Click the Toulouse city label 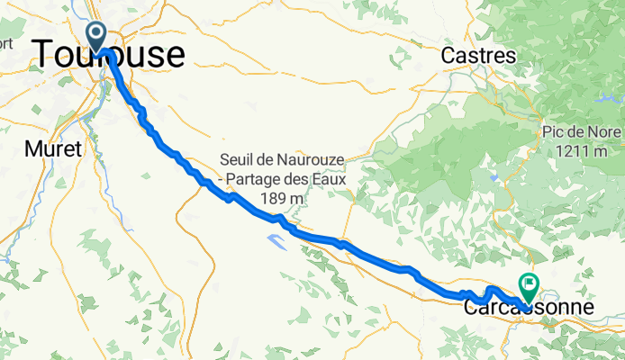(x=109, y=55)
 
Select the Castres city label (x=478, y=56)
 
